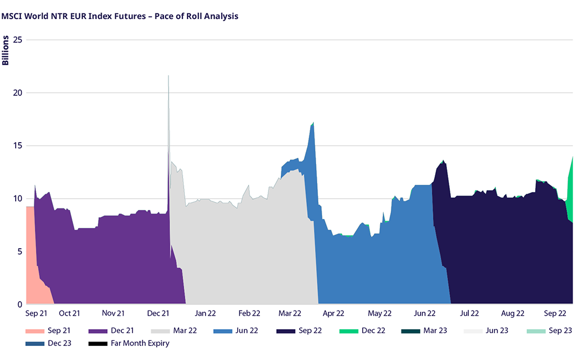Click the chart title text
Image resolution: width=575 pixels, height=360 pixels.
(120, 16)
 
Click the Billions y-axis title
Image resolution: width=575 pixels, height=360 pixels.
(6, 51)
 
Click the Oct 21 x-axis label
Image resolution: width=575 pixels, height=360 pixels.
(70, 313)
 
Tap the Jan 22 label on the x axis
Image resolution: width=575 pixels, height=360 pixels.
(205, 313)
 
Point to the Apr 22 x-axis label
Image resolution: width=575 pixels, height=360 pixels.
(333, 313)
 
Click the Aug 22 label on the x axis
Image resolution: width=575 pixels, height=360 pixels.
(513, 313)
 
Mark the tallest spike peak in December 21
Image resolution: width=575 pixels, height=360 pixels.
(168, 76)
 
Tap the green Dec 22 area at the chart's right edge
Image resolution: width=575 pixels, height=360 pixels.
(570, 191)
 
